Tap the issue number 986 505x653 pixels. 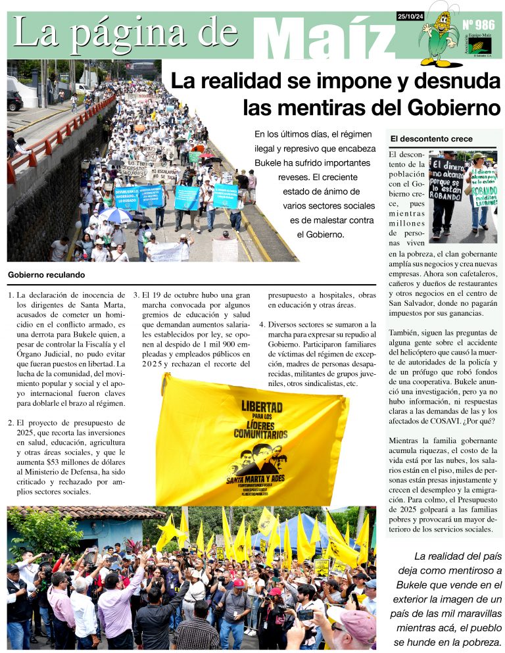[x=479, y=26]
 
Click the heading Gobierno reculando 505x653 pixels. [x=46, y=275]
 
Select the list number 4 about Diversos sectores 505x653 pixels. [x=262, y=325]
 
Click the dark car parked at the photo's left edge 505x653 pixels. [x=14, y=100]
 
